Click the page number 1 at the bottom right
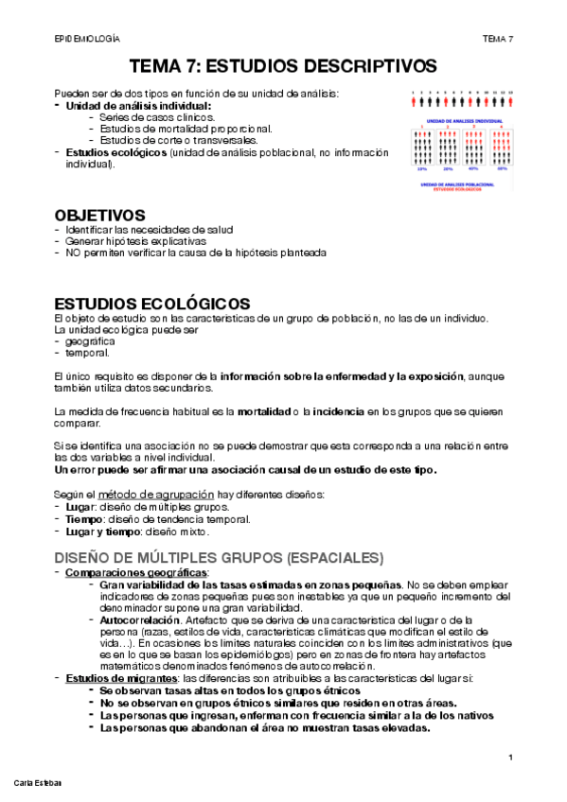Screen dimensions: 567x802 click(x=510, y=757)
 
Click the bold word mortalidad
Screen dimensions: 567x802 click(x=264, y=412)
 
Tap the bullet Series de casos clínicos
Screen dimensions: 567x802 click(x=157, y=117)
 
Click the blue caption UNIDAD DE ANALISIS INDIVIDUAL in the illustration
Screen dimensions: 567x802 click(x=463, y=121)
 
